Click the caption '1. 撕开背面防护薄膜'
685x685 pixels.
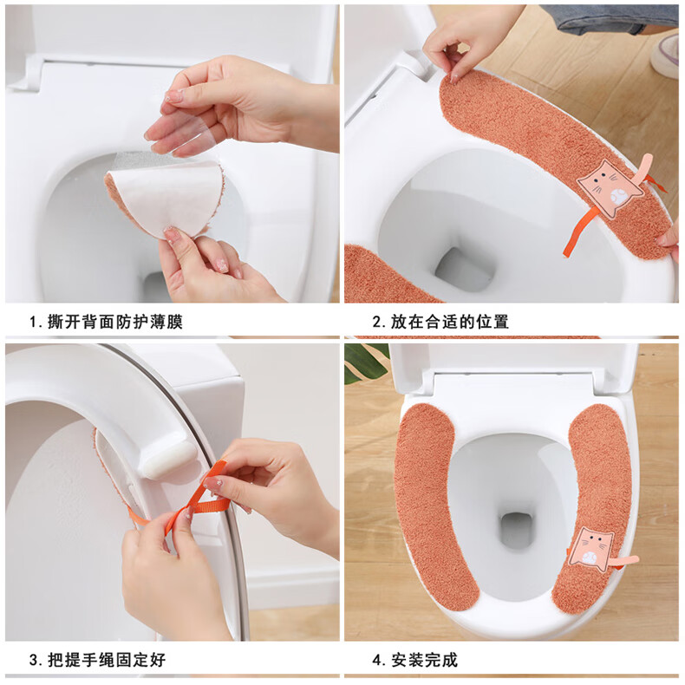(106, 322)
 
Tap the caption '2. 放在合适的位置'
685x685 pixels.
(440, 322)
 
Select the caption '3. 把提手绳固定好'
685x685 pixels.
(97, 660)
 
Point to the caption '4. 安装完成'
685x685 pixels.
(415, 660)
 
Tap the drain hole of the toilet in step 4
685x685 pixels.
(517, 530)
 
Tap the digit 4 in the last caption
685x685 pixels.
(377, 660)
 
